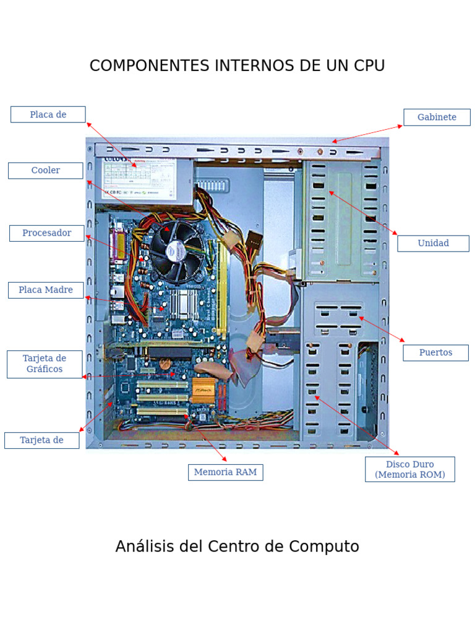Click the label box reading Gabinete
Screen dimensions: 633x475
(437, 117)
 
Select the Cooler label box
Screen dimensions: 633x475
(46, 171)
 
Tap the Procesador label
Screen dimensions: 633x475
(47, 233)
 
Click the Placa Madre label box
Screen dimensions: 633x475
(46, 290)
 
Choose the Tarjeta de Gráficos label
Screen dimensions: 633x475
(45, 364)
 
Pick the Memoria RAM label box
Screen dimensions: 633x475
(225, 472)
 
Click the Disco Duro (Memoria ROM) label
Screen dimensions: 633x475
(409, 469)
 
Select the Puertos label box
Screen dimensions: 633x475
(435, 353)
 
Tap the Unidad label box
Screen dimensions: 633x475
(433, 244)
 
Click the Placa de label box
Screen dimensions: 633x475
(48, 114)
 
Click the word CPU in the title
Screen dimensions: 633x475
(369, 66)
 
